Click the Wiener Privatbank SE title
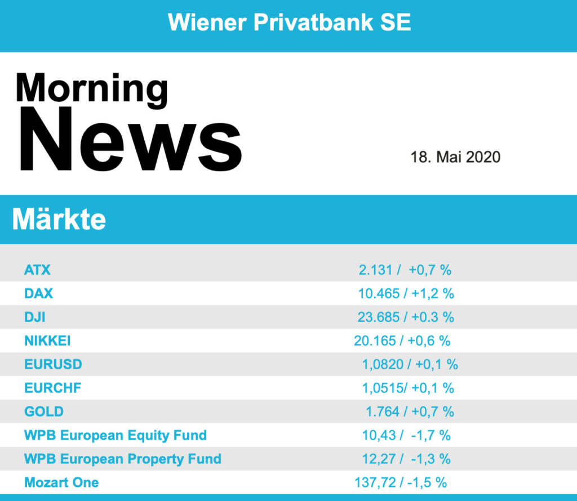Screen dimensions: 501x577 (289, 22)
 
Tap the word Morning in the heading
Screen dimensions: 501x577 (91, 89)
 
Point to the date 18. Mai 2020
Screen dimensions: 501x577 (455, 156)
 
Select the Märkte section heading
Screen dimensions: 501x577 (59, 219)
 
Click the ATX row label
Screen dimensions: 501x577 (37, 270)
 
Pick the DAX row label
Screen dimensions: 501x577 (38, 293)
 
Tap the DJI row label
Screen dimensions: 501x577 (35, 317)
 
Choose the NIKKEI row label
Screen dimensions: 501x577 (47, 341)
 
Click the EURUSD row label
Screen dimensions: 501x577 (53, 364)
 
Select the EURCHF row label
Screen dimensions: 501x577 (53, 388)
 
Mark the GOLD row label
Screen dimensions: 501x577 (44, 411)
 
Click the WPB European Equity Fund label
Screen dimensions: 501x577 (116, 435)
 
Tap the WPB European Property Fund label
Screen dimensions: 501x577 (123, 459)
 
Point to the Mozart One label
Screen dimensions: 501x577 (61, 482)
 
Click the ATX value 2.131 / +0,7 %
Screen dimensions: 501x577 (405, 270)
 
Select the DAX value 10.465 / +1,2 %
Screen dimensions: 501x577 (406, 293)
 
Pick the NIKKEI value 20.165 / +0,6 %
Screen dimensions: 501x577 (402, 341)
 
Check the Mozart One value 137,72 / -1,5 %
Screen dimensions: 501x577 (400, 482)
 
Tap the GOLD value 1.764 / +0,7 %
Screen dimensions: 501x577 (410, 411)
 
